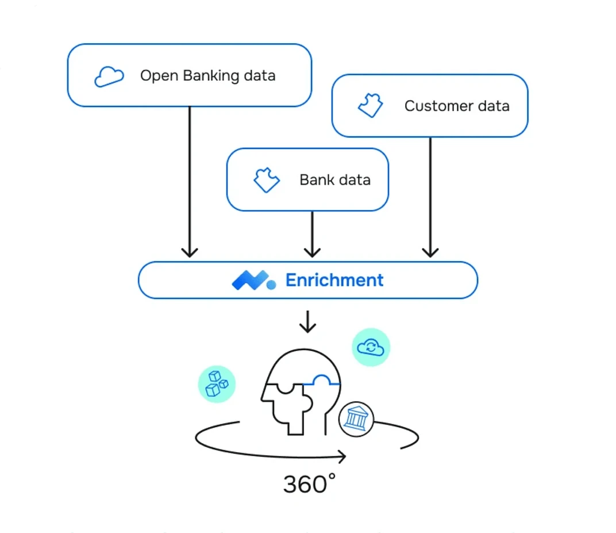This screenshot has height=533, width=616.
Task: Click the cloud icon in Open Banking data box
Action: click(109, 76)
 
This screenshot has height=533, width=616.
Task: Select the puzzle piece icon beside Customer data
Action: click(371, 106)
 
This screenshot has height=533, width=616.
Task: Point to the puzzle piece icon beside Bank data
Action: click(267, 180)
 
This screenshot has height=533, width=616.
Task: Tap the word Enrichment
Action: click(334, 280)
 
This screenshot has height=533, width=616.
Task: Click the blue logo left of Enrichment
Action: click(253, 280)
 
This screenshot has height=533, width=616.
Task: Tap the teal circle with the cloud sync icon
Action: click(371, 347)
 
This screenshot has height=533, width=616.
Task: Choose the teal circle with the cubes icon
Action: click(217, 384)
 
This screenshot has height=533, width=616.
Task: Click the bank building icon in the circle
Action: click(356, 418)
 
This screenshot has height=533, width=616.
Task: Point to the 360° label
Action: click(309, 485)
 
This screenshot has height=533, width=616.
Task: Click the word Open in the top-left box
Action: click(159, 75)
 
